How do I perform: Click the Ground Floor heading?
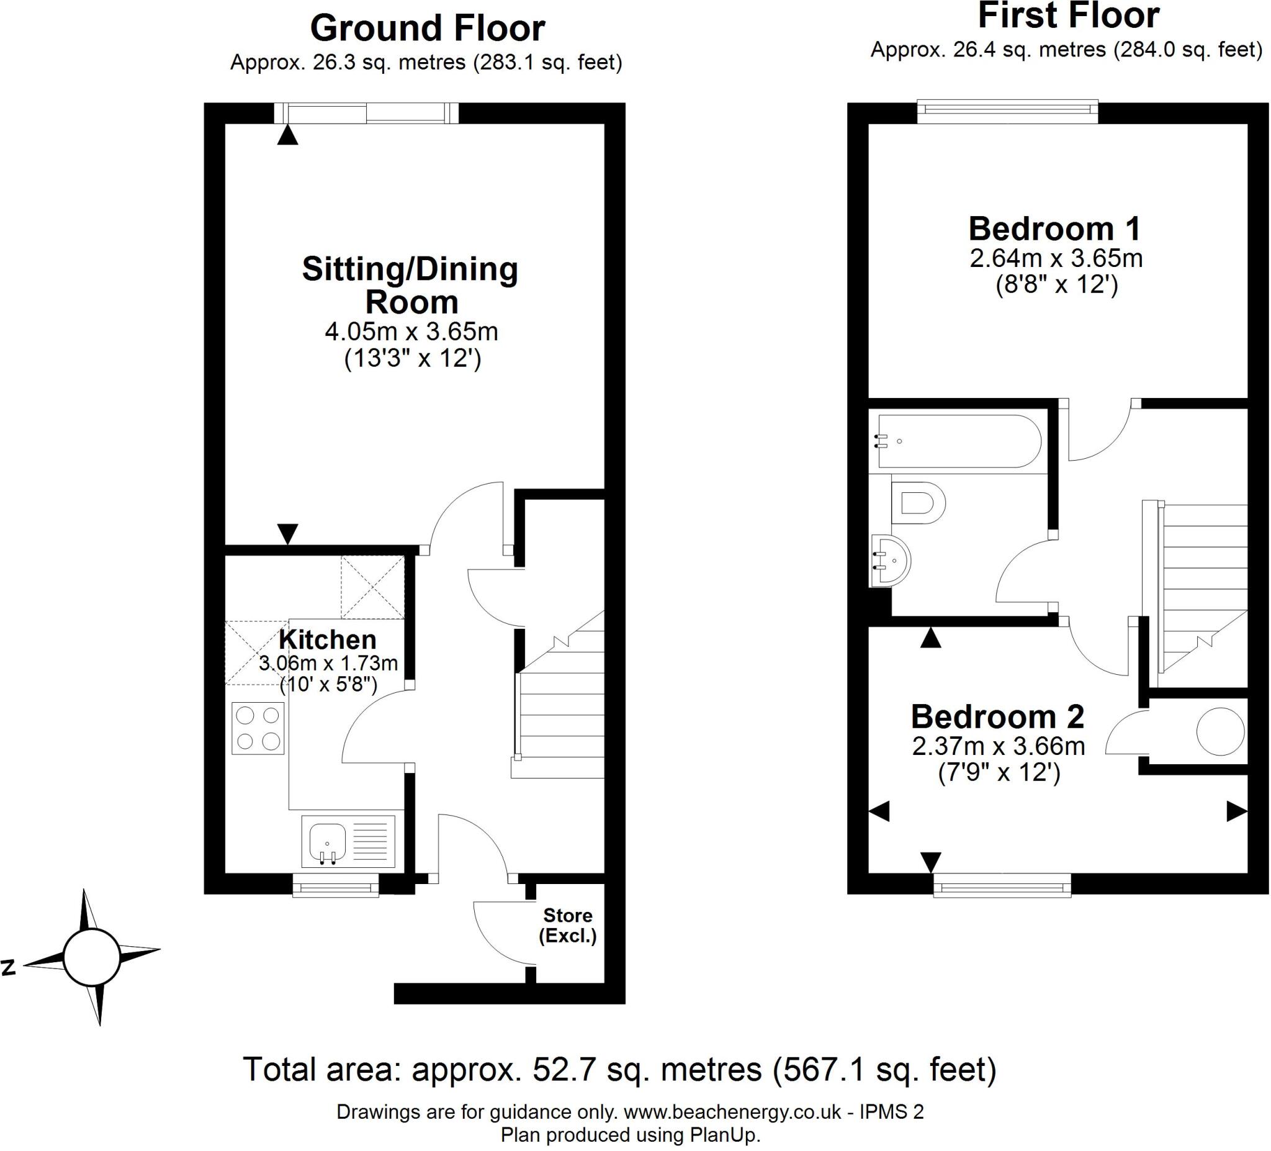[x=428, y=29]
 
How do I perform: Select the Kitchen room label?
[x=327, y=639]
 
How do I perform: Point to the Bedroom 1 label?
[x=1054, y=228]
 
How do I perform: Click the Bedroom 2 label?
[x=997, y=716]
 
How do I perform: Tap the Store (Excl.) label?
[x=567, y=926]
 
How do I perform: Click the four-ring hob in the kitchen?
[x=258, y=728]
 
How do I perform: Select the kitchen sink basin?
[x=327, y=841]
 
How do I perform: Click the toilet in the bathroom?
[x=918, y=503]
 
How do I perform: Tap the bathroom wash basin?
[x=889, y=560]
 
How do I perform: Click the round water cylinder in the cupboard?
[x=1220, y=731]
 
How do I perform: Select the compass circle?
[x=92, y=957]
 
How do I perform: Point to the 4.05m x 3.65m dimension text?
[x=411, y=331]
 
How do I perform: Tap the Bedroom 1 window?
[x=1007, y=112]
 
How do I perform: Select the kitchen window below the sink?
[x=335, y=883]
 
